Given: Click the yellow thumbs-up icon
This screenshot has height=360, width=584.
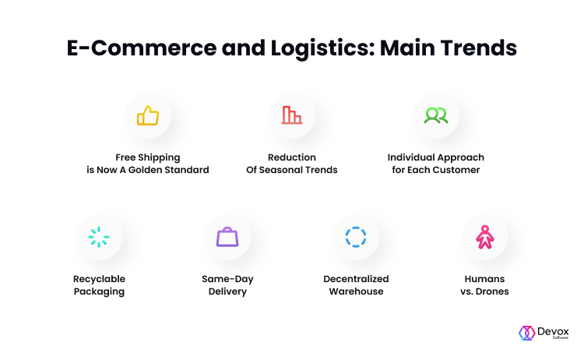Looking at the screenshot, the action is (148, 115).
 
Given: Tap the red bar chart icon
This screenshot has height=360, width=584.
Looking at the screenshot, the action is (292, 115).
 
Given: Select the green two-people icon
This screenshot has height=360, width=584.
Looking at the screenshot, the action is (436, 115).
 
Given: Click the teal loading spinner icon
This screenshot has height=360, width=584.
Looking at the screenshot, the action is (99, 237).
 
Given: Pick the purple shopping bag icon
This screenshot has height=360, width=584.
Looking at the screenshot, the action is (227, 237).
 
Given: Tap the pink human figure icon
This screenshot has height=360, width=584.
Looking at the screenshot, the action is (484, 237).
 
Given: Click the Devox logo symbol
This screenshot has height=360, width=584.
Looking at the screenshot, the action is (526, 333).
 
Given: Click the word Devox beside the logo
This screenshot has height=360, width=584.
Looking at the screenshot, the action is (553, 331).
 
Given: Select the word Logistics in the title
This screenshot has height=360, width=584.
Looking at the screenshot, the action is (322, 48).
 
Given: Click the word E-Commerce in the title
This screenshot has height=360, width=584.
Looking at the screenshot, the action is (142, 48).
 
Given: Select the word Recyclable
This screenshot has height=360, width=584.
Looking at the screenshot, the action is (99, 279).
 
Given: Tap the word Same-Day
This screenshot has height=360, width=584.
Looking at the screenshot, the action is (227, 279).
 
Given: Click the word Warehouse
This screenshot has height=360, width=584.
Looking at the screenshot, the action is (356, 291).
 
